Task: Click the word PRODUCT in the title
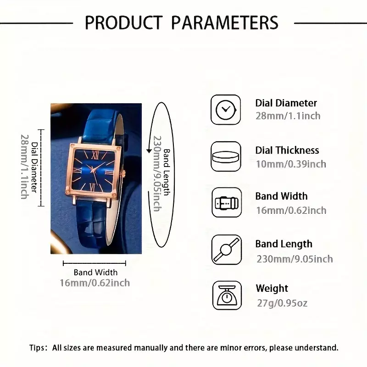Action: [x=123, y=22]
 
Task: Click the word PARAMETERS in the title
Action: [x=225, y=22]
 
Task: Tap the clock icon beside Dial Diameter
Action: [x=226, y=110]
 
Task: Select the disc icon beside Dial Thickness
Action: [x=226, y=156]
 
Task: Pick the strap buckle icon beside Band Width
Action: [x=227, y=202]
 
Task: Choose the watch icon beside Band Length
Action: [x=227, y=250]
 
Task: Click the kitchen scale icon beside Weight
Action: [x=227, y=295]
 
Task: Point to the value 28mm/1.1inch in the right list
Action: [x=288, y=116]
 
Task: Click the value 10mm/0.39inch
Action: [x=291, y=164]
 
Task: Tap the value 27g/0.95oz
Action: [x=282, y=303]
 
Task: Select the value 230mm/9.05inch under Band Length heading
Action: [x=295, y=259]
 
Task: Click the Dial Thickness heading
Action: [x=287, y=150]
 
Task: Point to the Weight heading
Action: [x=272, y=289]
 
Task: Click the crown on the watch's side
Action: [x=124, y=174]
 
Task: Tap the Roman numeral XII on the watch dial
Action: [x=95, y=155]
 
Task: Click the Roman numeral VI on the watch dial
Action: [x=93, y=187]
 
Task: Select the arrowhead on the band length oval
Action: [x=149, y=150]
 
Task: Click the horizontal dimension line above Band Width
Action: [x=95, y=263]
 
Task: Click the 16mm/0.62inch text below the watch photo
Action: [x=95, y=283]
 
